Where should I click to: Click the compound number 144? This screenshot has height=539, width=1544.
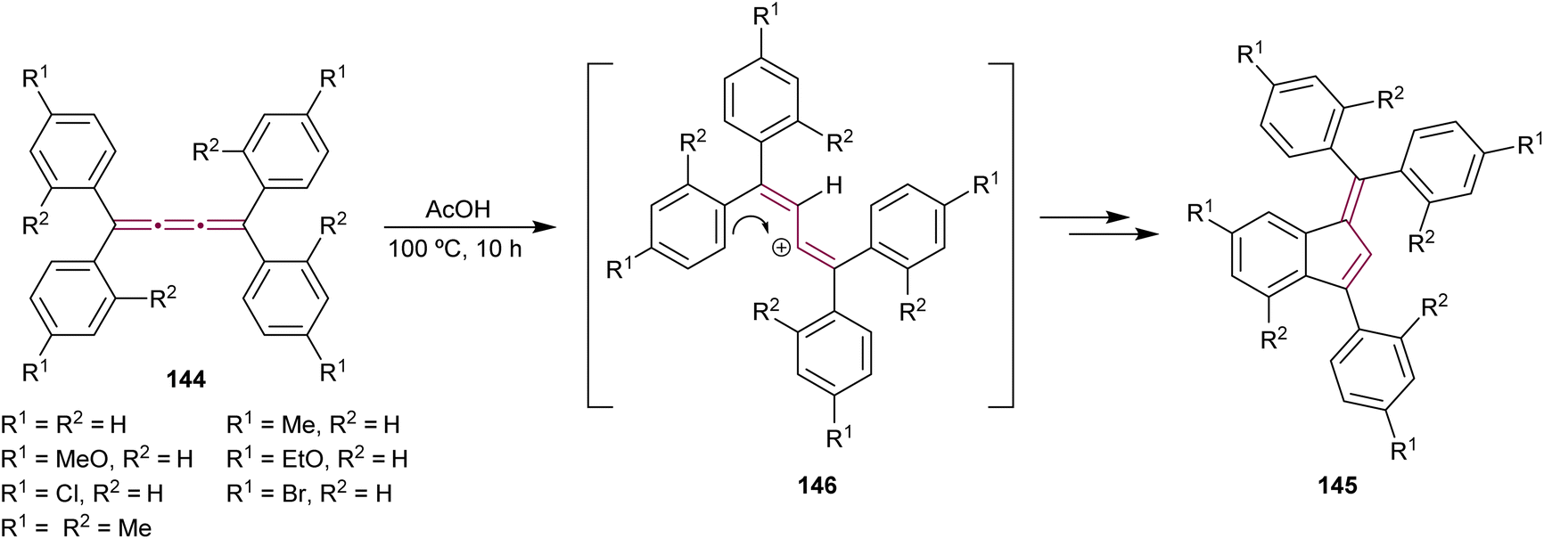(x=185, y=380)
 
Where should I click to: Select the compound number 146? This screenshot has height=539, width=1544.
(x=817, y=485)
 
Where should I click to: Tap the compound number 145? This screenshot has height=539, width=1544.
(x=1338, y=485)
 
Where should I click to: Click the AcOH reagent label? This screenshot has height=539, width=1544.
(x=458, y=210)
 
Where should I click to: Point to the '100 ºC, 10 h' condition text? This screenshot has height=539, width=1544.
(x=455, y=249)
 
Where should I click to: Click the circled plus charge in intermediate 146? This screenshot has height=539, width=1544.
(x=780, y=249)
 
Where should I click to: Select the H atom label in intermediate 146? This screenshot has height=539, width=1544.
(x=834, y=186)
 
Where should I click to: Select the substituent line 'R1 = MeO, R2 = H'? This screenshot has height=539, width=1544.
(x=96, y=459)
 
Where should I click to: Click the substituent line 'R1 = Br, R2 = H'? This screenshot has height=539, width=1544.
(x=308, y=493)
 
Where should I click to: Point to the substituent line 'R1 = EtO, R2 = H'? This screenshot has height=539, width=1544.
(x=316, y=459)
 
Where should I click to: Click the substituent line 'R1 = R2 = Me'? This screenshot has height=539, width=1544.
(x=77, y=527)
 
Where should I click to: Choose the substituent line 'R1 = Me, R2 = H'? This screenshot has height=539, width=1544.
(x=312, y=425)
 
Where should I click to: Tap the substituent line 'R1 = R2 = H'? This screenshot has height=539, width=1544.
(x=63, y=425)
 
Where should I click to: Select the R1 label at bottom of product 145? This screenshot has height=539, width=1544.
(x=1403, y=450)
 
